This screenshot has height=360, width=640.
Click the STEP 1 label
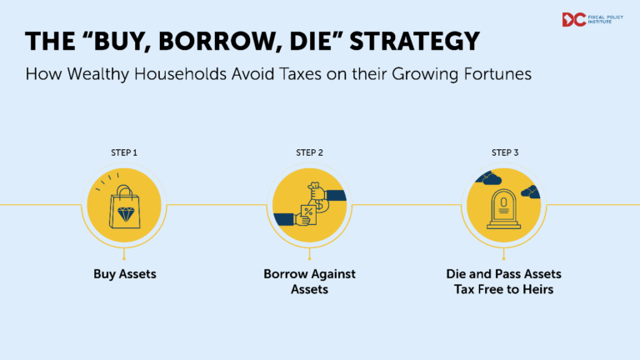tap(123, 152)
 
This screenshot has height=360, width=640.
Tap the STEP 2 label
tap(309, 152)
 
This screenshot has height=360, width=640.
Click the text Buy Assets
tap(123, 272)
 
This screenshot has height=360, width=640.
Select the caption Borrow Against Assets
tap(309, 281)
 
